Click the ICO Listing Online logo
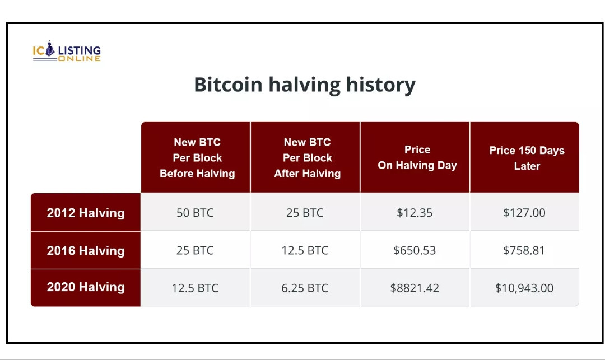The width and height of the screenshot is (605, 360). tap(67, 51)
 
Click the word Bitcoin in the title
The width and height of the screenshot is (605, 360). tap(228, 85)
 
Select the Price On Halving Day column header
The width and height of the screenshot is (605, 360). tap(417, 157)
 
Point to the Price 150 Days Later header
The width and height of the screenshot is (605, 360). tap(527, 158)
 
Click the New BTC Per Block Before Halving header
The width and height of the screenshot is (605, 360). tap(197, 158)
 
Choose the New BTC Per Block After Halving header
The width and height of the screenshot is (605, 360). tap(307, 158)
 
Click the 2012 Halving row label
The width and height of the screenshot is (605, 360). tap(86, 213)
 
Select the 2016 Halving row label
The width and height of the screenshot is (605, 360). tap(86, 250)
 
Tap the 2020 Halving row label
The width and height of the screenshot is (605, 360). tap(86, 287)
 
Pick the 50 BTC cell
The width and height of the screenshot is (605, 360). tap(195, 213)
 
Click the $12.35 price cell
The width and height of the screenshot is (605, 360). tap(415, 213)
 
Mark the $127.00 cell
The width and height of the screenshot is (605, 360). tap(524, 213)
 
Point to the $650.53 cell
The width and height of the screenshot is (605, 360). tap(415, 250)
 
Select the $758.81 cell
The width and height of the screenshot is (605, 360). tap(524, 250)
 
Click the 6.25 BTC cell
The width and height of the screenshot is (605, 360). tap(304, 288)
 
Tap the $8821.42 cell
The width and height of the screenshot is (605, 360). tap(415, 288)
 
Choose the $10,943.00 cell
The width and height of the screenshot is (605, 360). tap(524, 288)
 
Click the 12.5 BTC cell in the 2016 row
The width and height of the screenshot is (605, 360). tap(304, 250)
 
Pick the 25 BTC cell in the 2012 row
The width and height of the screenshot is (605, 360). tap(304, 213)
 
